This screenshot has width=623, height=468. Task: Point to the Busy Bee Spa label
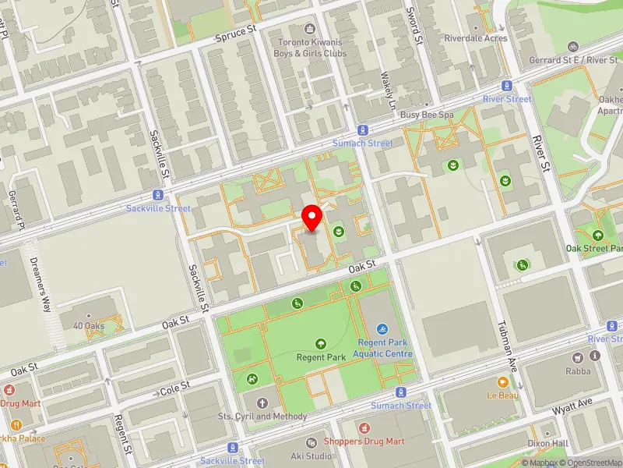tap(427, 115)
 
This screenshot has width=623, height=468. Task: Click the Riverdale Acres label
tap(476, 38)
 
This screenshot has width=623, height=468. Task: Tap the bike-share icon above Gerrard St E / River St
tap(574, 47)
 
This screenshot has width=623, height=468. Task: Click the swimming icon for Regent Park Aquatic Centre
tap(382, 330)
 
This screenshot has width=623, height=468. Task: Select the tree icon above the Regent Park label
tap(321, 343)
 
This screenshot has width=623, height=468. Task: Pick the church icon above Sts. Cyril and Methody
tap(262, 403)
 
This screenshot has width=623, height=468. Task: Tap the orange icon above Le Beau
tap(503, 382)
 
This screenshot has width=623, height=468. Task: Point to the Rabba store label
tap(579, 371)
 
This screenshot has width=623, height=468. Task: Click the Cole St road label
tap(175, 388)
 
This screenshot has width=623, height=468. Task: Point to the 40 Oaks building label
tap(89, 326)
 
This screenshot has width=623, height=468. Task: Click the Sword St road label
tap(415, 26)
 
